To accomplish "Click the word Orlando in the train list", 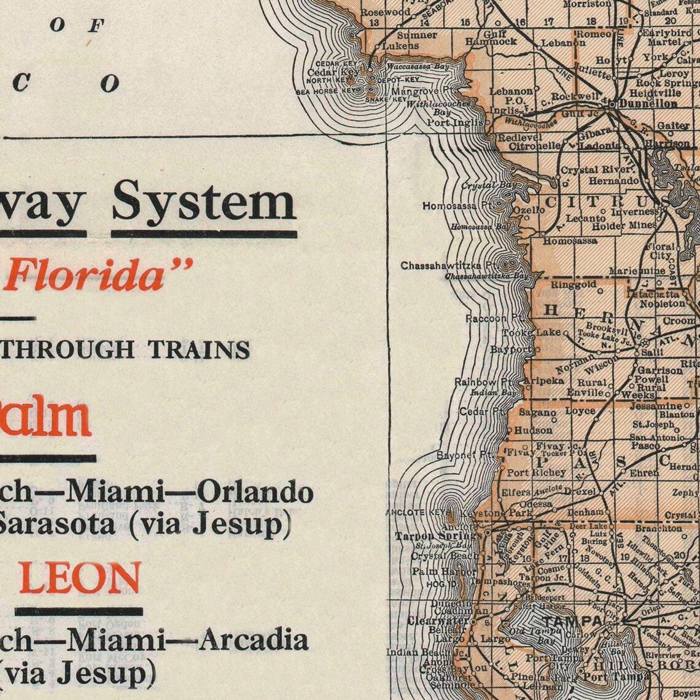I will click(255, 492).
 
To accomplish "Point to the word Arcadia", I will click(254, 640).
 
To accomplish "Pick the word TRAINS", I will click(200, 349).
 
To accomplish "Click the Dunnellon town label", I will click(647, 104).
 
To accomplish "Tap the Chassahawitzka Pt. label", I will click(448, 265).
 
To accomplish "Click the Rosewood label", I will click(385, 12).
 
